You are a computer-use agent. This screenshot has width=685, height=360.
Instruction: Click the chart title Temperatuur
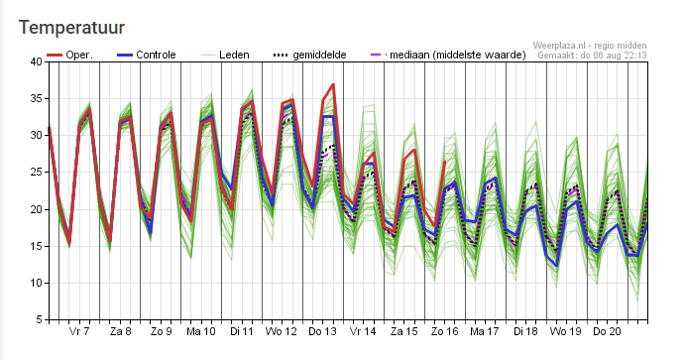coord(71,28)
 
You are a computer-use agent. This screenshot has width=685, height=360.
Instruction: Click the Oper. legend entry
coord(69,56)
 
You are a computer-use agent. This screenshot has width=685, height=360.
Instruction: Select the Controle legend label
coord(147,56)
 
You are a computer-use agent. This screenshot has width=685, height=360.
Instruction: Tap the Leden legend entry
coord(225,56)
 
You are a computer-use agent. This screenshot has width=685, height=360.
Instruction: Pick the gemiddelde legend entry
coord(309,56)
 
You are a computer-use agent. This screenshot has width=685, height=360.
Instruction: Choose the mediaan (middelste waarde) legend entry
coord(448,56)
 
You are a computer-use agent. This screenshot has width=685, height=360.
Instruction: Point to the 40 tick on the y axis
coord(37,62)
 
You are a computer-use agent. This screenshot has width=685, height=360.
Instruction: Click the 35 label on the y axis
coord(37,99)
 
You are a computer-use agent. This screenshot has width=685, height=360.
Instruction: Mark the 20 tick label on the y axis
coord(37,209)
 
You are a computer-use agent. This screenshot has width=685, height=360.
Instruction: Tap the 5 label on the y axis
coord(40,319)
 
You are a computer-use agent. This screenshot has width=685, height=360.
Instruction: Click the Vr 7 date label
coord(79,331)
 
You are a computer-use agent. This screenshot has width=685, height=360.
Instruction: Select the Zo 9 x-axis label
coord(162,331)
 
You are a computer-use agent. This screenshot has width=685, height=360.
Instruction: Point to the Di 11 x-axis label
coord(242,331)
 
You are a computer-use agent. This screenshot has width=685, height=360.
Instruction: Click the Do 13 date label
coord(322,331)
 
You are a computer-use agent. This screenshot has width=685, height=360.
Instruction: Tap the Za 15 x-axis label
coord(404,331)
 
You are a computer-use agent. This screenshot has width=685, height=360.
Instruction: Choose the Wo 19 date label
coord(566,331)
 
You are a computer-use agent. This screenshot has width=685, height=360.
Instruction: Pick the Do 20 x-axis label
coord(607,331)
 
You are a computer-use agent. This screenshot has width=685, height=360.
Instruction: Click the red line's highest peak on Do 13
coord(333,84)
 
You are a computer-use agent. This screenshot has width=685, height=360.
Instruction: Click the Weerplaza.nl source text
coord(590,46)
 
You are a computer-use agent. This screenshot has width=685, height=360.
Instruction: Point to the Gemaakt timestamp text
coord(592,56)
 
